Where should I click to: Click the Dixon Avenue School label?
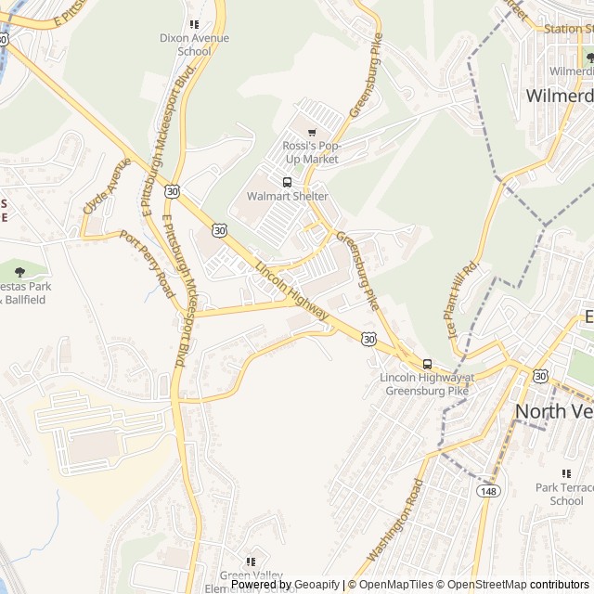tap(193, 45)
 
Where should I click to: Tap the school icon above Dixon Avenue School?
tap(193, 24)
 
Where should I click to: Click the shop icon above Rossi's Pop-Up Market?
tap(311, 133)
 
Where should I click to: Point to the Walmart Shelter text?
tap(287, 197)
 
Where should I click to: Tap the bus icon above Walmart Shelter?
tap(287, 182)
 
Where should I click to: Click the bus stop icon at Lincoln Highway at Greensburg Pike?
tap(427, 364)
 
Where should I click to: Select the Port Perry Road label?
tap(148, 265)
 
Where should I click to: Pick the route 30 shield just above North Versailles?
tap(540, 376)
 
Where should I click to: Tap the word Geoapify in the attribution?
tap(316, 585)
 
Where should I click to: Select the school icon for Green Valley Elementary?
tap(251, 562)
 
